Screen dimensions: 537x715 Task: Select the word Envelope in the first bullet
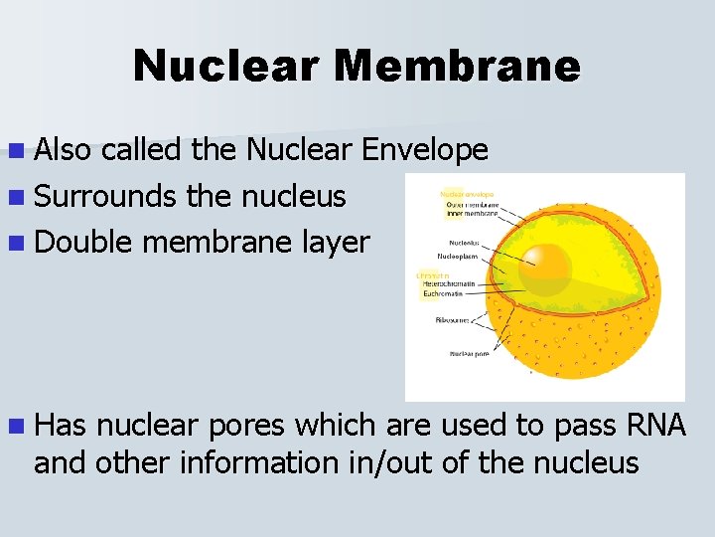424,150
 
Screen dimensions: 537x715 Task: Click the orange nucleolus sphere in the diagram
544,268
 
